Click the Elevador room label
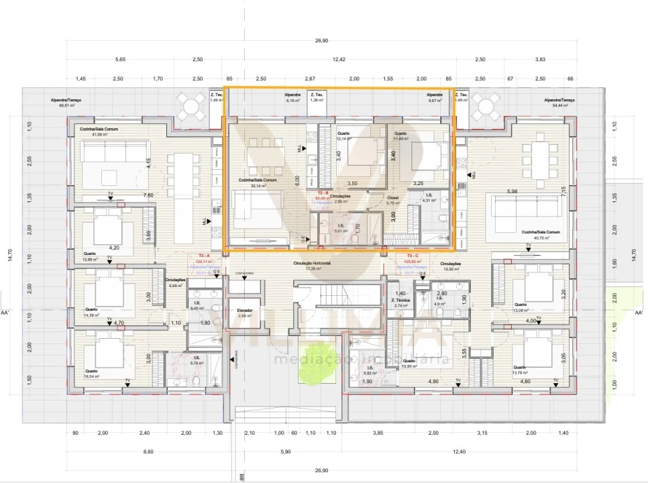pos(244,311)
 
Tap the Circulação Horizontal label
pos(312,264)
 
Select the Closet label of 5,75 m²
pos(393,199)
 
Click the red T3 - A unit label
pos(205,256)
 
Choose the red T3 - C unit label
pos(413,256)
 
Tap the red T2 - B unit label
pos(323,193)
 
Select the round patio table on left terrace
pos(191,105)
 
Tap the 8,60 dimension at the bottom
pos(148,451)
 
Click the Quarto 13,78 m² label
pos(523,369)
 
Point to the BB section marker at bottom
pos(241,478)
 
